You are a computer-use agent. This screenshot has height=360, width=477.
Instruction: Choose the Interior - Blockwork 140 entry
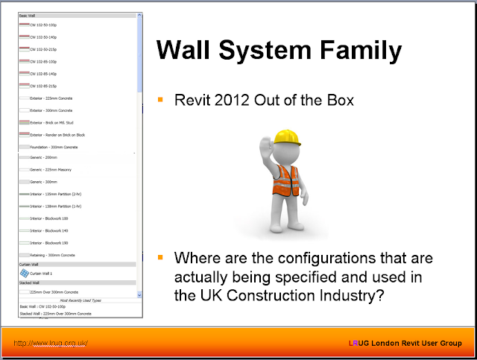tap(49, 231)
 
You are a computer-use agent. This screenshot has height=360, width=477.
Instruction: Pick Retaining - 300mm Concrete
tap(52, 256)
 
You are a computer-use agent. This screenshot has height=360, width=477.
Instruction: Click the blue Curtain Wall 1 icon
tap(24, 274)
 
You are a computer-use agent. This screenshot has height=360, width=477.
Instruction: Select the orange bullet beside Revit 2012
tap(159, 98)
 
